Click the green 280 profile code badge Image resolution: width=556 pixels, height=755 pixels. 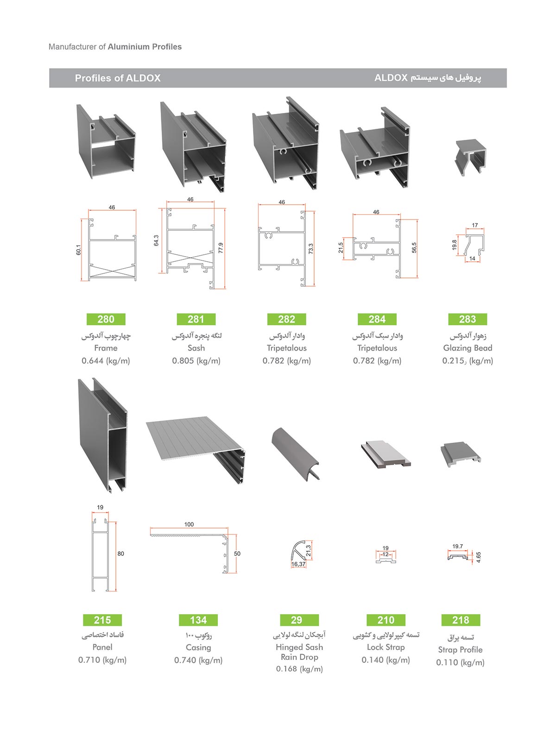tap(106, 319)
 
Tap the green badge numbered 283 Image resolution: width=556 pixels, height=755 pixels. tap(468, 319)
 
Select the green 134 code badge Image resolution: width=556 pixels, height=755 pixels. tap(198, 620)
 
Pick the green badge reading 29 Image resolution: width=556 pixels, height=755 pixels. tap(297, 620)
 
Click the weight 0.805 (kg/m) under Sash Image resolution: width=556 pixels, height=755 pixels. tap(196, 361)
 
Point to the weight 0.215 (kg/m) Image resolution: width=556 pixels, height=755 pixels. tap(468, 361)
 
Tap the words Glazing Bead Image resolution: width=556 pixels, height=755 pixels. tap(468, 348)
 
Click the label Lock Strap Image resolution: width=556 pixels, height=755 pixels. tap(385, 647)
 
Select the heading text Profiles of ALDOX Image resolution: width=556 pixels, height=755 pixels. tap(118, 78)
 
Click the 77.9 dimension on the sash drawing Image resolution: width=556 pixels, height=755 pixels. tap(221, 248)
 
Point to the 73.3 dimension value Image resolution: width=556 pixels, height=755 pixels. tap(311, 249)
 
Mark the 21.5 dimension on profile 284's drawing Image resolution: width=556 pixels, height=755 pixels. tap(341, 248)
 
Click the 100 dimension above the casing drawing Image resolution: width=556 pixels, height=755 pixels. tap(189, 524)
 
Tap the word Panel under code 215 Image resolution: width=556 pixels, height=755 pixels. tap(102, 647)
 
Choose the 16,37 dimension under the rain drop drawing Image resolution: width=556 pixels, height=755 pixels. tap(298, 564)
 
